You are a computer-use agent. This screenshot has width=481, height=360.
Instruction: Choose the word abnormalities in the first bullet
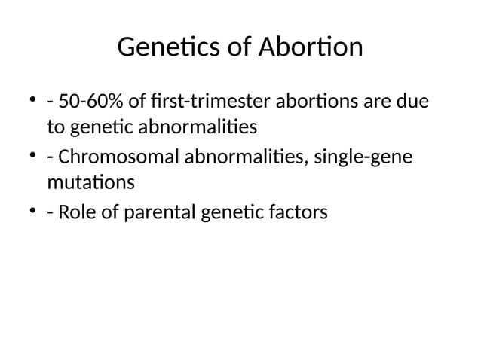tap(188, 127)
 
